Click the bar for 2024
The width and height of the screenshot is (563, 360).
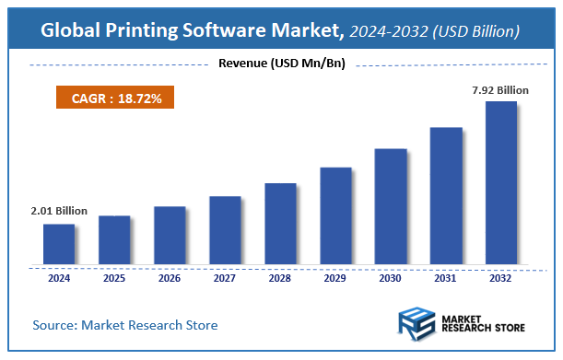click(59, 244)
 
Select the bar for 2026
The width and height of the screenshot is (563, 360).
click(170, 235)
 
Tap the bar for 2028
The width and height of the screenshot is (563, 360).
click(280, 224)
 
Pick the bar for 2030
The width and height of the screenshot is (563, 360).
click(391, 206)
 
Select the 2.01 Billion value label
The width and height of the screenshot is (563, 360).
click(59, 211)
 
